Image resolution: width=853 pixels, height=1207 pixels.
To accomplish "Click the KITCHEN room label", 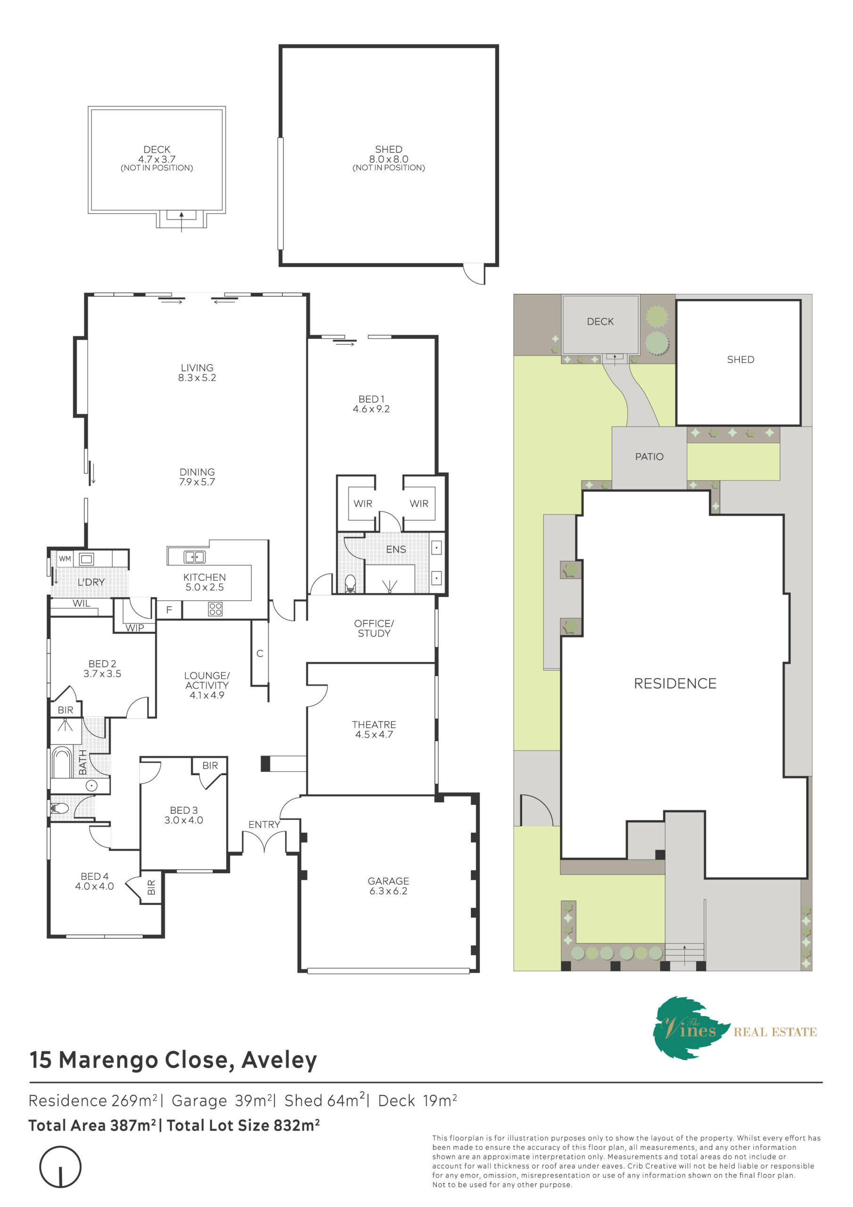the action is click(x=205, y=577).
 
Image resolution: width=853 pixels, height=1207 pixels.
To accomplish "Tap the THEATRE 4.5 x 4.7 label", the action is click(x=374, y=729).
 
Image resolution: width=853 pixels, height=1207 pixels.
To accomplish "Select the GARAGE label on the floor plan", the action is click(x=388, y=881).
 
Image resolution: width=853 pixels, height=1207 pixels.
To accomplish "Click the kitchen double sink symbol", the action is click(x=195, y=557).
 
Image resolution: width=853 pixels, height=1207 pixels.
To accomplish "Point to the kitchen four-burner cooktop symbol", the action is click(x=215, y=609).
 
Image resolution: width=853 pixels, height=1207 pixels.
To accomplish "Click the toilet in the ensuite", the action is click(x=350, y=584).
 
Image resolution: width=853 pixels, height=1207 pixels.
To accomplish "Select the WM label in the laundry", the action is click(x=65, y=558).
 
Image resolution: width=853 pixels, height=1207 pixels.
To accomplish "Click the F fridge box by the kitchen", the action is click(x=169, y=610).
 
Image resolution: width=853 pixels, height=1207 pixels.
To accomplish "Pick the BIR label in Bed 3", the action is click(x=210, y=765).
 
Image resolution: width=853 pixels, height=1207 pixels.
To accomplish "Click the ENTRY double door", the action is click(x=264, y=840).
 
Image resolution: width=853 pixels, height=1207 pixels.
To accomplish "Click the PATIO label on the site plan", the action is click(x=649, y=457).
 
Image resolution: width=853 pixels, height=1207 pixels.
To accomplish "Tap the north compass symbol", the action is click(x=60, y=1166).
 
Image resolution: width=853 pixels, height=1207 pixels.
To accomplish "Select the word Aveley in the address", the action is click(x=279, y=1060).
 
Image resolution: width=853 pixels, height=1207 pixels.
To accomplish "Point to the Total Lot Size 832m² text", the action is click(x=243, y=1125).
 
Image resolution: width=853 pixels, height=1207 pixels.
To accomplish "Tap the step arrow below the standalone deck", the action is click(x=181, y=222).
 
